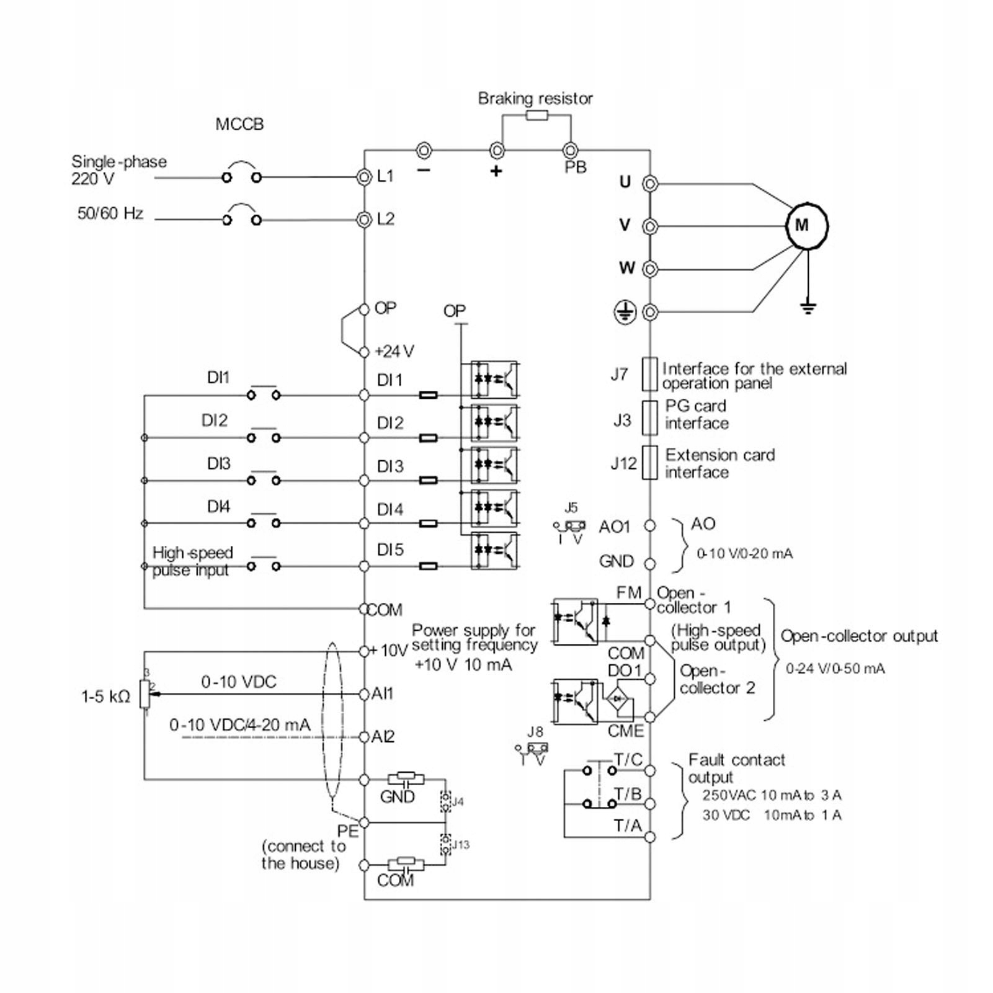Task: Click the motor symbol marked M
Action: coord(807,225)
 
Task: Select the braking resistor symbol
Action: coord(537,115)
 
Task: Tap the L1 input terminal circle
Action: coord(364,177)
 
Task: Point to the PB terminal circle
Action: coord(570,150)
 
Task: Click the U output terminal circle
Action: coord(649,184)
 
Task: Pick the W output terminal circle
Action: coord(649,269)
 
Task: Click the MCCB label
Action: coord(239,125)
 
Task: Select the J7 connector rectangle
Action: coord(649,374)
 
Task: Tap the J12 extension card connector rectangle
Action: coord(649,463)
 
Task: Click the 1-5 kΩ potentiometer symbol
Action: coord(145,693)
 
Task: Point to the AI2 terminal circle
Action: coord(365,737)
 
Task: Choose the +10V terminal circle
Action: coord(365,651)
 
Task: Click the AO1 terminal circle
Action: coord(649,526)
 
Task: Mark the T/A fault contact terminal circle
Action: coord(649,837)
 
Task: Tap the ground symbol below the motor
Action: coord(808,306)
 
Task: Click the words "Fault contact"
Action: coord(737,760)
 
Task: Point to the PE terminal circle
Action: coord(365,822)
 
